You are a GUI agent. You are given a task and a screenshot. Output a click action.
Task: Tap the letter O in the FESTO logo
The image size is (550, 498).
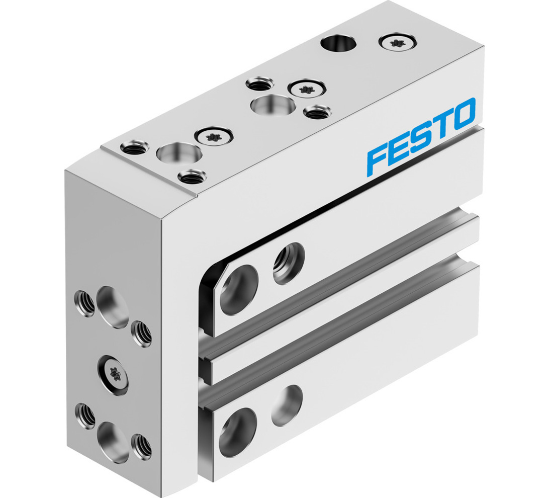460,114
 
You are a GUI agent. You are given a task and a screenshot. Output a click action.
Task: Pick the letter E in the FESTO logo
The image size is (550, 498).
399,149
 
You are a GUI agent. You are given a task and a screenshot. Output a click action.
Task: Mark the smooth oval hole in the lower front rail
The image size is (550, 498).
287,405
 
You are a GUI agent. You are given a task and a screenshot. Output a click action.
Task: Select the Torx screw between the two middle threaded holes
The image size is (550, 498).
305,89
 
